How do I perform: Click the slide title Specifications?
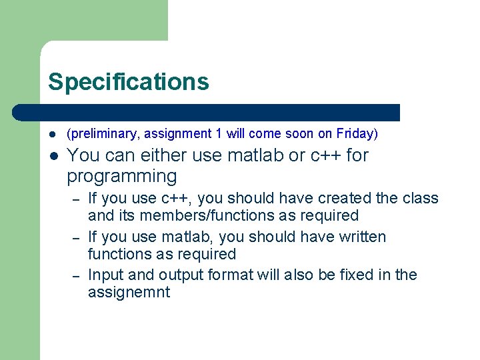click(128, 82)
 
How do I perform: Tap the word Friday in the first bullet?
click(357, 134)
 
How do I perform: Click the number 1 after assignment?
click(219, 134)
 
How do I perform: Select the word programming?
click(121, 177)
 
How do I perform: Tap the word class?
click(421, 199)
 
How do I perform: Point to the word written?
click(361, 237)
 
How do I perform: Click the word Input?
click(103, 275)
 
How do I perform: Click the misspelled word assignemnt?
click(129, 293)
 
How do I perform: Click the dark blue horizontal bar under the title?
click(207, 112)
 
